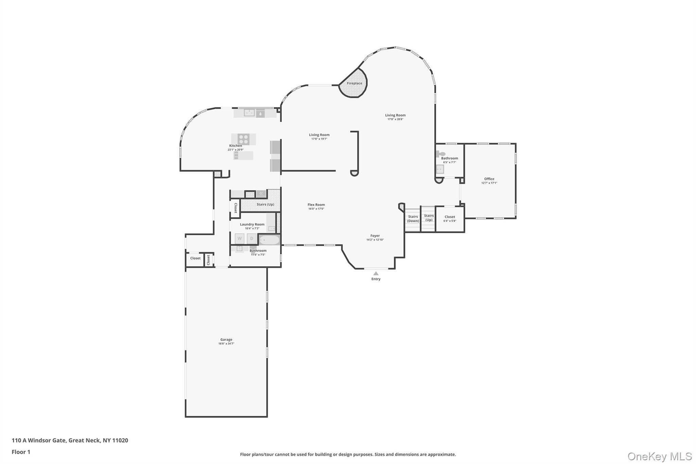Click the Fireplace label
[x=354, y=83]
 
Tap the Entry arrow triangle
[x=376, y=273]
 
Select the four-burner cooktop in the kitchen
[x=243, y=139]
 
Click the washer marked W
[x=240, y=239]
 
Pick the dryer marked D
[x=252, y=239]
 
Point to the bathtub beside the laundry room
[x=269, y=240]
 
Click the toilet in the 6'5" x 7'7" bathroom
[x=440, y=154]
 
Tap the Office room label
[x=489, y=179]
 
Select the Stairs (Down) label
[x=413, y=219]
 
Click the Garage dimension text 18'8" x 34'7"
[x=226, y=344]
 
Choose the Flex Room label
[x=316, y=205]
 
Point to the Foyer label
[x=375, y=236]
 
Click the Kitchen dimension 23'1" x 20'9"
[x=236, y=150]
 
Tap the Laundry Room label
[x=252, y=224]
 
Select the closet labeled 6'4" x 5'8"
[x=450, y=219]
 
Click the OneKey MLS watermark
[x=660, y=457]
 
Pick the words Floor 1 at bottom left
[x=21, y=452]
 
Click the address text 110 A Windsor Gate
[x=39, y=440]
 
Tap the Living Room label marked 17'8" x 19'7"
[x=319, y=135]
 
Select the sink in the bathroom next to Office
[x=440, y=169]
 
